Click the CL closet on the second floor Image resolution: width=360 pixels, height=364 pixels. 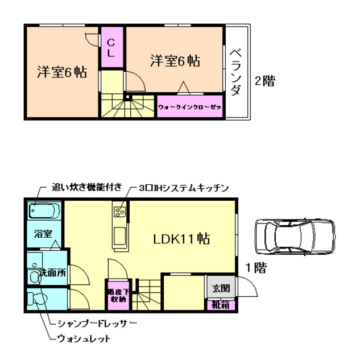[x=111, y=48]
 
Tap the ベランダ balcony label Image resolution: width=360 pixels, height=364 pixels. [x=237, y=73]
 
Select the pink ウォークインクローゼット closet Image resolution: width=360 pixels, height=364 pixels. [x=190, y=106]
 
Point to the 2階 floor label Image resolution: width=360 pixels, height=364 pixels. [x=264, y=81]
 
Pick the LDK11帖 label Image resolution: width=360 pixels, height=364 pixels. [x=181, y=239]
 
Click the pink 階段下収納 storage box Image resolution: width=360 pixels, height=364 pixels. [x=118, y=295]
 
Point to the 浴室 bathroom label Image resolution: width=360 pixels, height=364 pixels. [x=42, y=234]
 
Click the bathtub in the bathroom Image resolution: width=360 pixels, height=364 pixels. [x=44, y=212]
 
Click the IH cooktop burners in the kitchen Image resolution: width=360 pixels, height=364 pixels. [x=121, y=213]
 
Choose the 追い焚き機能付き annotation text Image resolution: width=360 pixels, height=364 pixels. [x=86, y=187]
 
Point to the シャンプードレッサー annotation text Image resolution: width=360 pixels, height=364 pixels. [x=97, y=323]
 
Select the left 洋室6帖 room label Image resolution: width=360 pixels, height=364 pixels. [x=61, y=72]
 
